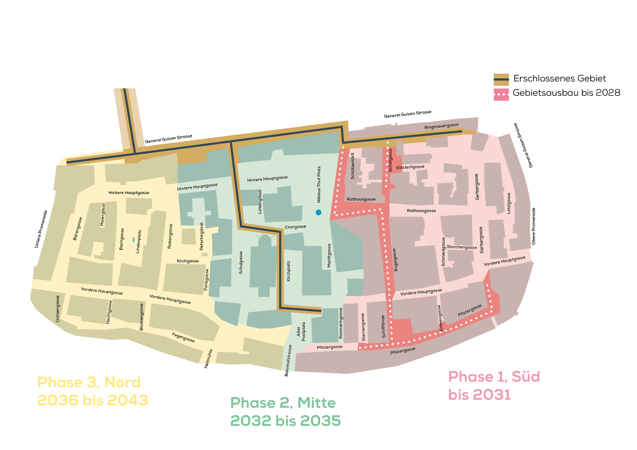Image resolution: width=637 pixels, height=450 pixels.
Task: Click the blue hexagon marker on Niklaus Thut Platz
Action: [x=318, y=213]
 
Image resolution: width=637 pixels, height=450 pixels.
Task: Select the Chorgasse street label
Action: [x=295, y=227]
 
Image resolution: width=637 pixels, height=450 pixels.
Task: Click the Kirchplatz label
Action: [x=289, y=271]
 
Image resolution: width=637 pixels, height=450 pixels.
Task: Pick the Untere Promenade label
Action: [x=40, y=229]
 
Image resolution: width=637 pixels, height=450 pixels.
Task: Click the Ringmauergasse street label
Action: [x=442, y=125]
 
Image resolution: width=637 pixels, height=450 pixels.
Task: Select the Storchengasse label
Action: [x=462, y=247]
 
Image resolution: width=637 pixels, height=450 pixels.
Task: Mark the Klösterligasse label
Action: [x=410, y=167]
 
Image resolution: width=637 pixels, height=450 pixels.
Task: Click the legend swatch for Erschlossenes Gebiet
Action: [x=501, y=79]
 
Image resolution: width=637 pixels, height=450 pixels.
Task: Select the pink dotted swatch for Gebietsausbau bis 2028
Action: [x=501, y=93]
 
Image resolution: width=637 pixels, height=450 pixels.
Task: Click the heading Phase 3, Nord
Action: [x=89, y=382]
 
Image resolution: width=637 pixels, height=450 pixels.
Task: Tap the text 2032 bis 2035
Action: [x=285, y=421]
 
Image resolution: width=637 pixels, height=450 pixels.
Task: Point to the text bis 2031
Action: [x=479, y=395]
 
